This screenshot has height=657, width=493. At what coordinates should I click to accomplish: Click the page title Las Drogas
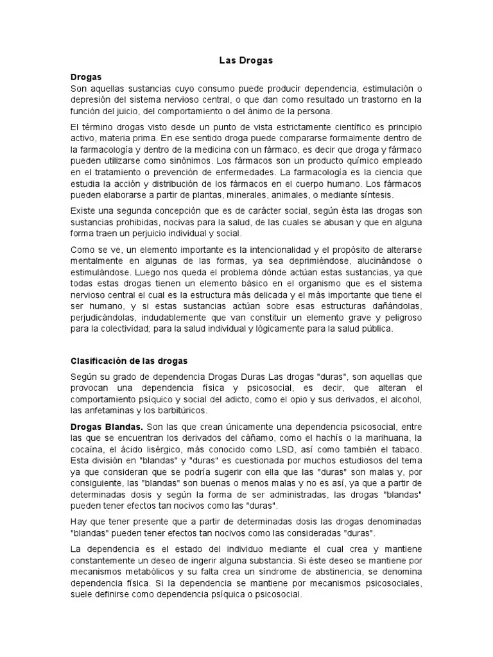[x=246, y=60]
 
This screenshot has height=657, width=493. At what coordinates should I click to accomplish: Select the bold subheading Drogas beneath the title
[x=87, y=76]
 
